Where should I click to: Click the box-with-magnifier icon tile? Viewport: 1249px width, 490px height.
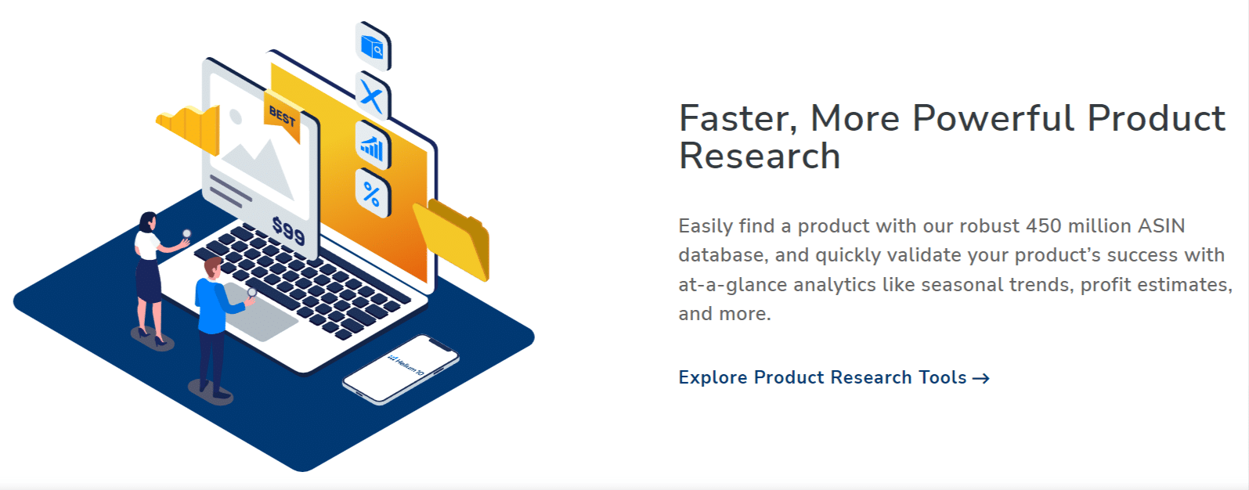click(x=373, y=47)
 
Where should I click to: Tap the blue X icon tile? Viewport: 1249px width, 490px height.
click(x=373, y=95)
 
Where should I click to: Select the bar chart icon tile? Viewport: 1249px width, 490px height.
click(x=373, y=145)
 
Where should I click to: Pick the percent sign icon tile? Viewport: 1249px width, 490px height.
click(x=373, y=193)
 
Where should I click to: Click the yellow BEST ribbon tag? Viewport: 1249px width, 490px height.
click(x=283, y=117)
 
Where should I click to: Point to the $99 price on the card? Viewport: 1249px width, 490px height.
click(x=288, y=231)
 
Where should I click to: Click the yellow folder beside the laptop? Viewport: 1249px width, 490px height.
click(x=453, y=240)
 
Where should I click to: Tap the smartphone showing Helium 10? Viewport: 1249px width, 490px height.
click(x=401, y=369)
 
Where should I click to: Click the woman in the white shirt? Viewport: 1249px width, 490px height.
click(x=153, y=279)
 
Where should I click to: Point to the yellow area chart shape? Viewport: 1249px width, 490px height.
click(x=189, y=129)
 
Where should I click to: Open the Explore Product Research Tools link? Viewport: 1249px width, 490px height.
click(x=834, y=377)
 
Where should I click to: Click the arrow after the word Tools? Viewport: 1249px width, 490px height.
click(x=981, y=379)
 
